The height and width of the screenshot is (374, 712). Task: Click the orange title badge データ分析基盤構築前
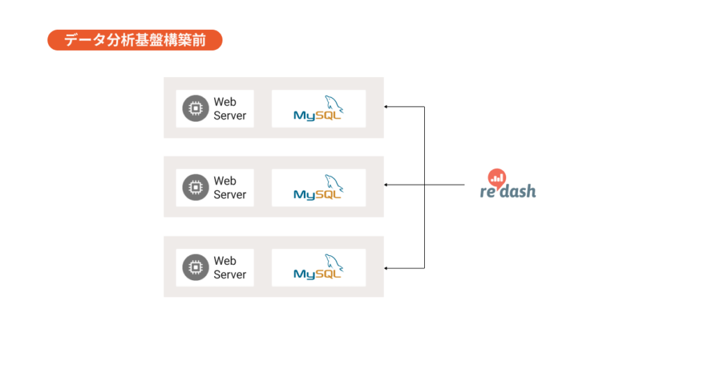tap(134, 40)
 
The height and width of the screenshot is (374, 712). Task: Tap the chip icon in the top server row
tap(195, 108)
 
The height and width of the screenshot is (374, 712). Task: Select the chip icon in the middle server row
tap(195, 188)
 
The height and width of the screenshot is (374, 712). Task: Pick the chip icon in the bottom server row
tap(195, 267)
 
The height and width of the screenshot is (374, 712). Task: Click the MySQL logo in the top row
tap(318, 109)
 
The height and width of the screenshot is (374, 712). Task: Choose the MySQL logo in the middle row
tap(318, 188)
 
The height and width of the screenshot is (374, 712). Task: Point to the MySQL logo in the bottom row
tap(318, 268)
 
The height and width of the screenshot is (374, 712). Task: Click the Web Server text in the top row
tap(229, 109)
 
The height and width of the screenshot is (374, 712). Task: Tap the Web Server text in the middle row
tap(229, 188)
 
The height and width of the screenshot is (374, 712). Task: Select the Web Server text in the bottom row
tap(229, 268)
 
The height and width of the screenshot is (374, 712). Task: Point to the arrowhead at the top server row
tap(387, 107)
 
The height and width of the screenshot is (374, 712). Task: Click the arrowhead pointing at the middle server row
tap(387, 185)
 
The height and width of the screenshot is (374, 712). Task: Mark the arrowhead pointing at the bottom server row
tap(387, 268)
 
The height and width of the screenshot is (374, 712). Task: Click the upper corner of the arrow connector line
tap(424, 107)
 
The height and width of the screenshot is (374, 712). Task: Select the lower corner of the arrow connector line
tap(424, 268)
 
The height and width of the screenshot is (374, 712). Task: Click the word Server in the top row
tap(229, 116)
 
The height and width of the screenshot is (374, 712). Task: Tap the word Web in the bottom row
tap(225, 261)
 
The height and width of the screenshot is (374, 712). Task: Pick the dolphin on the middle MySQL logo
tap(334, 182)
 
